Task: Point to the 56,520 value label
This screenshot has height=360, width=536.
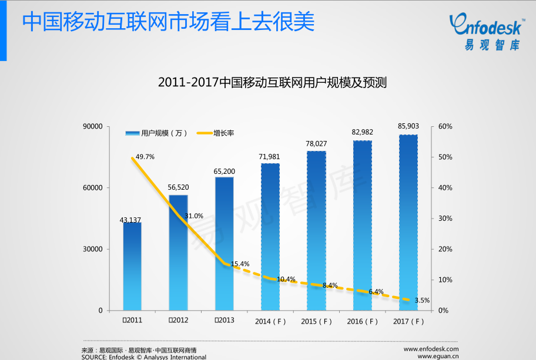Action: (178, 187)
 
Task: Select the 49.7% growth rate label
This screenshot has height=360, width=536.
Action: (145, 157)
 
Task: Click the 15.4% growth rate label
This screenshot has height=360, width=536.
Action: (240, 264)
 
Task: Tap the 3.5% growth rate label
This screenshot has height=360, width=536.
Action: (422, 300)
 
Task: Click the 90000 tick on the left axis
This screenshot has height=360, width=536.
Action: (93, 126)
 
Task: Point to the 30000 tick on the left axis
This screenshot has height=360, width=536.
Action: (93, 249)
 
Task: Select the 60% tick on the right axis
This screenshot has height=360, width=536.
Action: (445, 126)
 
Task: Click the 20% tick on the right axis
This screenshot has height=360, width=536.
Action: (445, 249)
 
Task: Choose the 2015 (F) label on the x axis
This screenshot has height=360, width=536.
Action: (316, 321)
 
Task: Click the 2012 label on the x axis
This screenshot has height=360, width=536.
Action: (178, 320)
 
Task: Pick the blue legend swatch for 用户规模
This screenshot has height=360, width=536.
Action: (132, 133)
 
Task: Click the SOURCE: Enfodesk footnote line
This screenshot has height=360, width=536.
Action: (143, 356)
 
